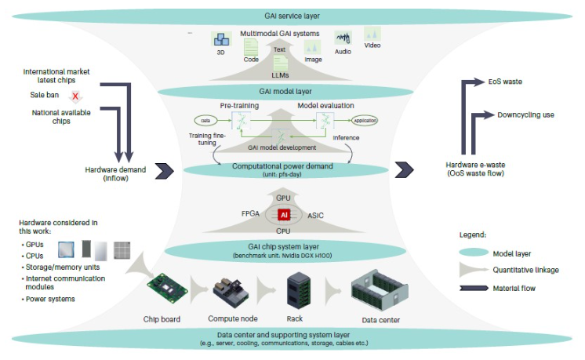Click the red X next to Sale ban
click(76, 96)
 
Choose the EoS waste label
click(504, 81)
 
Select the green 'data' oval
click(205, 121)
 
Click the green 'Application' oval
click(365, 122)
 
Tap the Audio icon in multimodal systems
click(343, 39)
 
